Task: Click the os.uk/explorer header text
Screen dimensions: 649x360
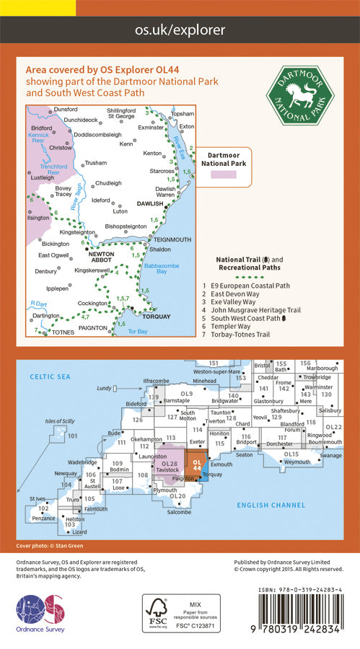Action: pyautogui.click(x=180, y=30)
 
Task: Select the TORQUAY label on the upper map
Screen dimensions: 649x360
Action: pyautogui.click(x=156, y=316)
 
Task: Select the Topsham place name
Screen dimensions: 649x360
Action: pyautogui.click(x=183, y=114)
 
